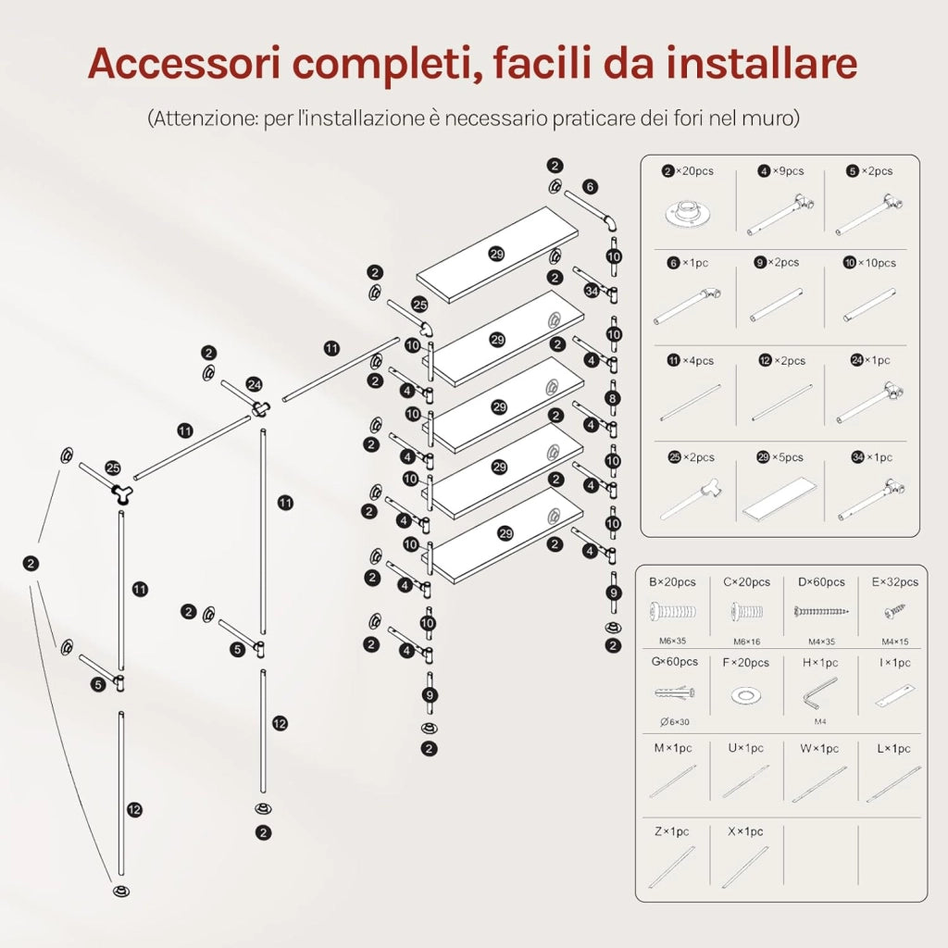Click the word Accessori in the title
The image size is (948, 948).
pyautogui.click(x=185, y=63)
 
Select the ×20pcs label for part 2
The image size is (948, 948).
pyautogui.click(x=694, y=171)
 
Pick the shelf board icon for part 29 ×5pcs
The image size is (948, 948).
pyautogui.click(x=780, y=497)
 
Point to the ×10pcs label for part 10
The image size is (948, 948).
pyautogui.click(x=877, y=263)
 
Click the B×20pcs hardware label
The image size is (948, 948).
pyautogui.click(x=672, y=582)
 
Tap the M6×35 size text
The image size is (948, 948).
pyautogui.click(x=672, y=641)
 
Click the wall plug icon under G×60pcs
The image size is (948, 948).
pyautogui.click(x=674, y=692)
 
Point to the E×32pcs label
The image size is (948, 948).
pyautogui.click(x=895, y=582)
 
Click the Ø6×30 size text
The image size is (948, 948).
pyautogui.click(x=675, y=722)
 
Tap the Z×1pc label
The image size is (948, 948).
pyautogui.click(x=672, y=832)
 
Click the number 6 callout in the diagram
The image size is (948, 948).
pyautogui.click(x=590, y=187)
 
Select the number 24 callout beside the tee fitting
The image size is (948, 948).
pyautogui.click(x=254, y=384)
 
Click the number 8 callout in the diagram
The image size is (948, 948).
pyautogui.click(x=613, y=398)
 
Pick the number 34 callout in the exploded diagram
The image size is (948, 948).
pyautogui.click(x=592, y=291)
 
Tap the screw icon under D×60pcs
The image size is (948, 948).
pyautogui.click(x=820, y=612)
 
